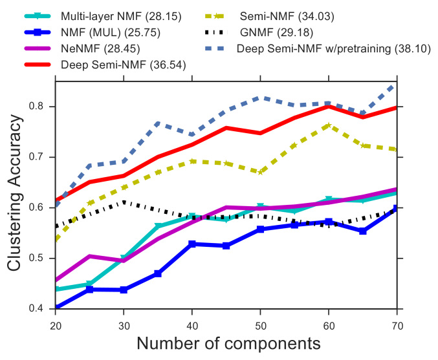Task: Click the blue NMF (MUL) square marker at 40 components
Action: (x=192, y=244)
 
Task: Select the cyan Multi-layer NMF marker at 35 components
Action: (x=158, y=226)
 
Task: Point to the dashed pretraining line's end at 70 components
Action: (x=397, y=85)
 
